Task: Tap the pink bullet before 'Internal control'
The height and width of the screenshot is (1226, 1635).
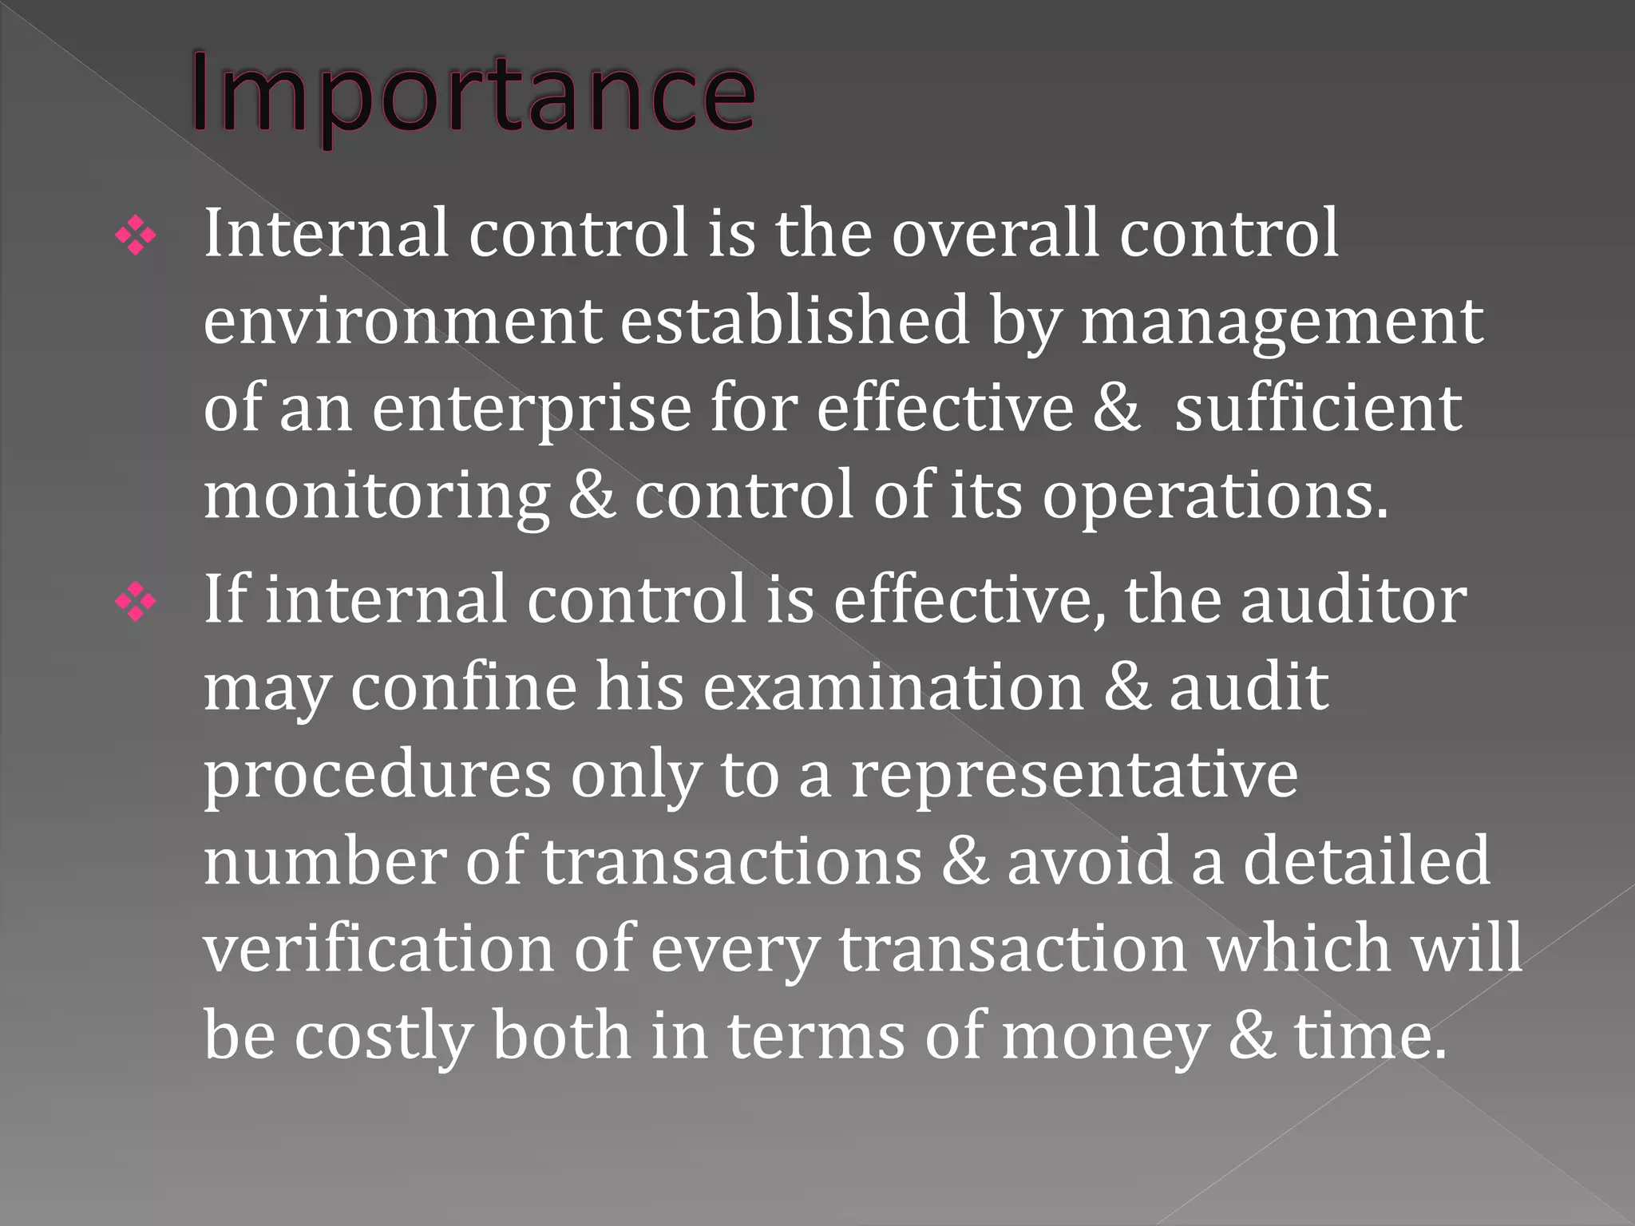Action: pyautogui.click(x=136, y=237)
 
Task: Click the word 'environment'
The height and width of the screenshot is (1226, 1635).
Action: pyautogui.click(x=402, y=321)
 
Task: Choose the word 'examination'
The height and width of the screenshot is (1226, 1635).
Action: pyautogui.click(x=893, y=687)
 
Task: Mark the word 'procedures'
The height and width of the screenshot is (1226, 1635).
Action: pyautogui.click(x=377, y=777)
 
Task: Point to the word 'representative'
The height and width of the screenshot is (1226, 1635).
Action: pyautogui.click(x=1074, y=777)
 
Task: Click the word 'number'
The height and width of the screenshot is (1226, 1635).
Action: pyautogui.click(x=324, y=861)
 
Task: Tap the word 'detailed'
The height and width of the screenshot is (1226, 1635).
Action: pyautogui.click(x=1366, y=861)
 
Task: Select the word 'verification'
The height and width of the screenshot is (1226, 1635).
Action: pyautogui.click(x=378, y=948)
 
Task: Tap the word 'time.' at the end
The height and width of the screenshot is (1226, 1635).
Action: pyautogui.click(x=1370, y=1036)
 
